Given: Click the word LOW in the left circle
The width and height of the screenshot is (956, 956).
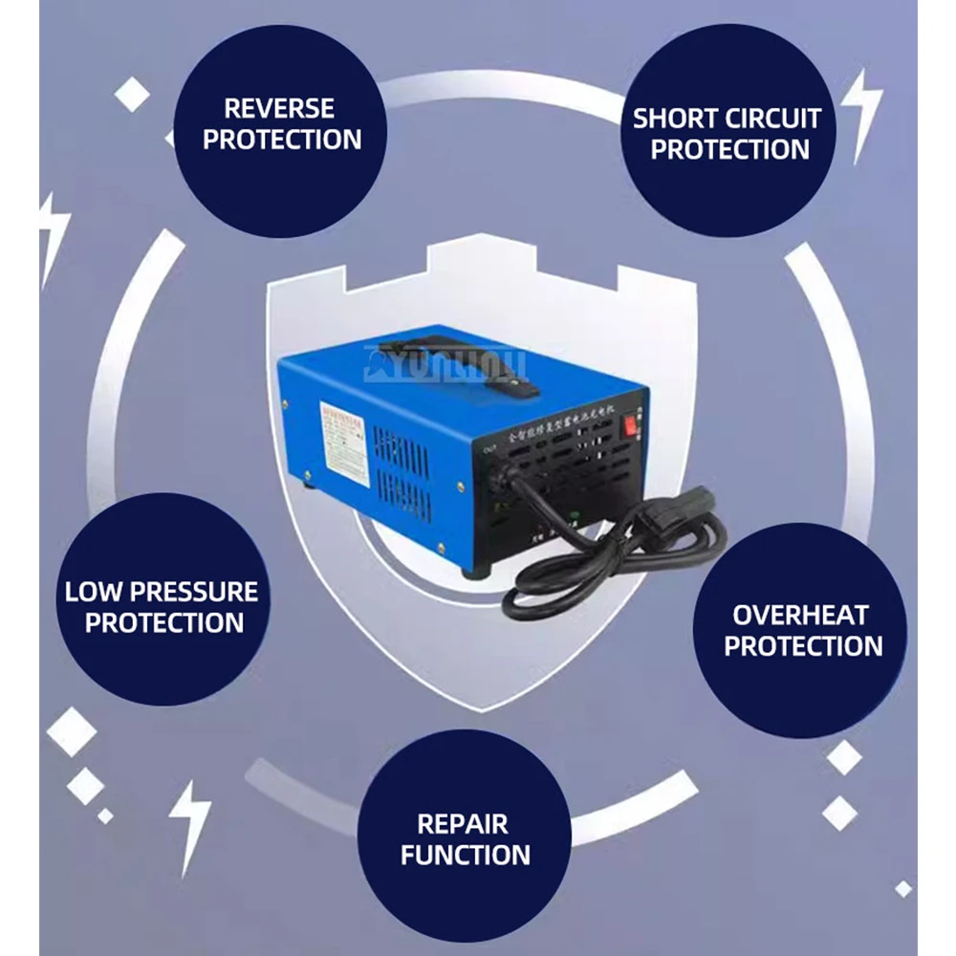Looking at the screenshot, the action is tap(94, 592).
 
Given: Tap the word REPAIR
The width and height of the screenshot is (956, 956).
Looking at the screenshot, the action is tap(463, 824).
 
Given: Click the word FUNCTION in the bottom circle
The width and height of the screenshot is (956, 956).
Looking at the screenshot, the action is tap(466, 855).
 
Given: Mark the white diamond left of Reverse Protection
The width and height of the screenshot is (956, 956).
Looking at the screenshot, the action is tap(132, 95).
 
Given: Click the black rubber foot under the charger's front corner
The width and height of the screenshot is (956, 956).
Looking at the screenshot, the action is tap(475, 571).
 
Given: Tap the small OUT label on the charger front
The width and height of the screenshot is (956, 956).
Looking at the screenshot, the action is tap(489, 444).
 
